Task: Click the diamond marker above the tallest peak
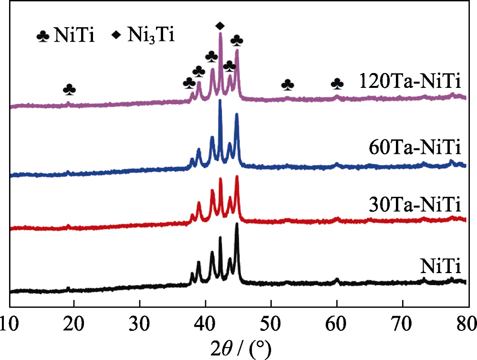(x=219, y=25)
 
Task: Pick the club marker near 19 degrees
(x=69, y=89)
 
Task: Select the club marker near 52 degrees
(x=288, y=85)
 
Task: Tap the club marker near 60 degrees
(x=337, y=84)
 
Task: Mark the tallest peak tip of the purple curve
(x=220, y=33)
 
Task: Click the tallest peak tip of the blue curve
(x=220, y=101)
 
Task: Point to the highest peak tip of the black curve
(x=237, y=224)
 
